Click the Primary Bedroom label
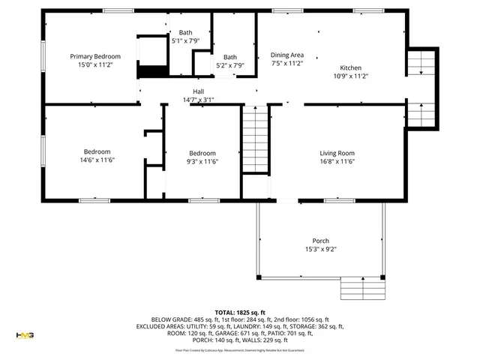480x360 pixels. (x=95, y=56)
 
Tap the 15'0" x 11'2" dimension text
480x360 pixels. (x=95, y=65)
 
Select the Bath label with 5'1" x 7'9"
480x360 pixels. (x=185, y=32)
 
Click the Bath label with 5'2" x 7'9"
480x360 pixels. (x=230, y=57)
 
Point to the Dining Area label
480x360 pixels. (x=286, y=55)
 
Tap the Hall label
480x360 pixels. (x=199, y=91)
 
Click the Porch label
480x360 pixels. (x=321, y=241)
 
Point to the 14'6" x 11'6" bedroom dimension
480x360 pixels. (x=97, y=160)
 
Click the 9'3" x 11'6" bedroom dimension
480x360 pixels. (x=202, y=160)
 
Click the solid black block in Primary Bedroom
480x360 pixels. (x=151, y=71)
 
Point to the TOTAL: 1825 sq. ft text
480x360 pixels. (x=240, y=312)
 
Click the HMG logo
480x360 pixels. (x=25, y=335)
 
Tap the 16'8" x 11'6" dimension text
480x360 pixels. (x=337, y=161)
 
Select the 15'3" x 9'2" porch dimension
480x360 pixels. (x=321, y=249)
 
